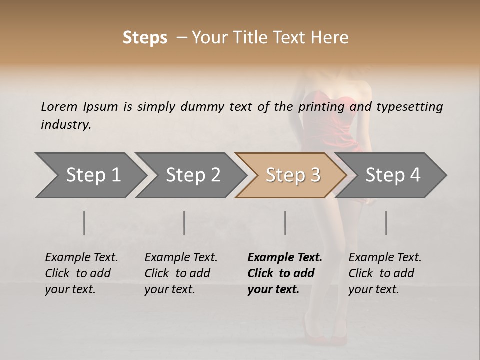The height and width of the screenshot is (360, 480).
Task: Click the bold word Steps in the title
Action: coord(145,38)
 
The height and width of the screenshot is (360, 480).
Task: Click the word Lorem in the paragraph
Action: coord(59,106)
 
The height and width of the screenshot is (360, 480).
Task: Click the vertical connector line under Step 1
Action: coord(84,223)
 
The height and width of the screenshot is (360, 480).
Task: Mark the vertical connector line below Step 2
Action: coord(184,223)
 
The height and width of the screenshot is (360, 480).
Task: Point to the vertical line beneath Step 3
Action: coord(285,223)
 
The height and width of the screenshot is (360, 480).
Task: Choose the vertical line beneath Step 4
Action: coord(386,223)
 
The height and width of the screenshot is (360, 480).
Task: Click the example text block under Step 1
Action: coord(81,273)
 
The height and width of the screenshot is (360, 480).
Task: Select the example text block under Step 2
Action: coord(181,273)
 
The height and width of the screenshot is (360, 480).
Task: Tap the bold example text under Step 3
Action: coord(284,273)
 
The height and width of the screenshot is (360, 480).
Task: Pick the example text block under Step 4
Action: coord(385,273)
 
